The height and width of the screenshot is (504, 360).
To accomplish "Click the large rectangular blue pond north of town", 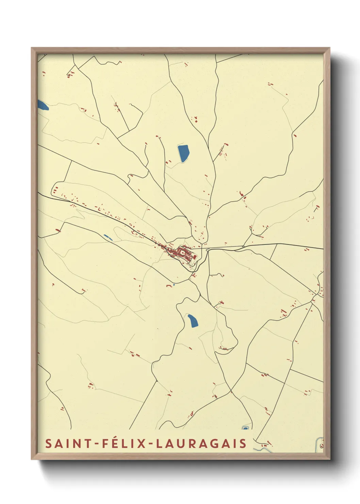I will pos(183,153).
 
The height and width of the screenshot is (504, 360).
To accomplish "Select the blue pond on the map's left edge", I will pos(43,105).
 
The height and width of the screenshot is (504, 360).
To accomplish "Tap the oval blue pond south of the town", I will pos(193,320).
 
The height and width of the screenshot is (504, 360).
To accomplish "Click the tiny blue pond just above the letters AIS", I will pos(245,428).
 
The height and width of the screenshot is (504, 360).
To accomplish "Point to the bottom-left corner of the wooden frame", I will pos(32,459).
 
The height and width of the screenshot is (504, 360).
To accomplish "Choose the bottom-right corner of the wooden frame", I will pos(330,459).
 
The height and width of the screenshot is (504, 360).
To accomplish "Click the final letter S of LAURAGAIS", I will pos(242,443).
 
